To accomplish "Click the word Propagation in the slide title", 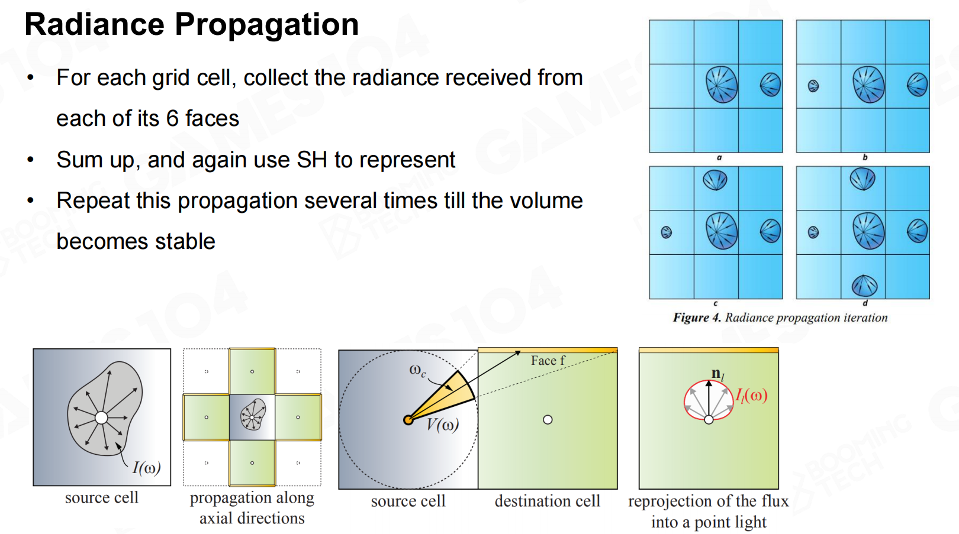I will (266, 25).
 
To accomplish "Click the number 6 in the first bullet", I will (172, 119).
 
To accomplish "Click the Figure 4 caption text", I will (780, 318).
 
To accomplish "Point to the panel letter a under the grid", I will (719, 157).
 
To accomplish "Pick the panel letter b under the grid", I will (865, 157).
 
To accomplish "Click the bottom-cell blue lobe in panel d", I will (864, 286).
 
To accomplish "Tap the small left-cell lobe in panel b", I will (813, 86).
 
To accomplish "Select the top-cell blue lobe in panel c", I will (715, 180).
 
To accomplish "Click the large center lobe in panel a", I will (722, 85).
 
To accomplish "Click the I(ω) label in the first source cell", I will (146, 468).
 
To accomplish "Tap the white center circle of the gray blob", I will (101, 418).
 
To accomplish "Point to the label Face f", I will (548, 361).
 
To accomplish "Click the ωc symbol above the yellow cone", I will (417, 371).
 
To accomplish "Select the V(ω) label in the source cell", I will (442, 425).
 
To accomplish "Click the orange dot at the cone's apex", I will (408, 420).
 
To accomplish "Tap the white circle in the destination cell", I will (548, 420).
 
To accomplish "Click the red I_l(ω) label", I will (751, 396).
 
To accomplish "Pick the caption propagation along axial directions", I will (252, 508).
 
